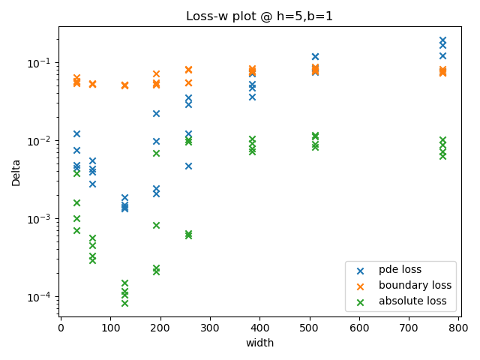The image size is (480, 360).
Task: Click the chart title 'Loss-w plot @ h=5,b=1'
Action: click(x=259, y=16)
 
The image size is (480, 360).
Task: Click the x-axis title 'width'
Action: click(x=259, y=343)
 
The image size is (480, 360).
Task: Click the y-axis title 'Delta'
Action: click(x=16, y=172)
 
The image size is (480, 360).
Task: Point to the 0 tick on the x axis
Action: click(x=61, y=327)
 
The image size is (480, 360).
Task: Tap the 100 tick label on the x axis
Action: click(x=110, y=327)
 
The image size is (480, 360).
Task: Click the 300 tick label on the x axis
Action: click(x=210, y=327)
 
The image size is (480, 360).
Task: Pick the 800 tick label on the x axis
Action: click(x=459, y=327)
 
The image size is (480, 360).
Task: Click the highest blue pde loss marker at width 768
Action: click(x=442, y=40)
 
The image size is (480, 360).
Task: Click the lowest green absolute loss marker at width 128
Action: click(x=124, y=303)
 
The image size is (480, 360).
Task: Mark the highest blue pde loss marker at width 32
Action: click(x=76, y=133)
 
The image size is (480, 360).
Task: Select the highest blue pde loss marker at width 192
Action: click(x=156, y=113)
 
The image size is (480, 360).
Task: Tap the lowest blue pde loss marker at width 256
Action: click(x=188, y=166)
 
